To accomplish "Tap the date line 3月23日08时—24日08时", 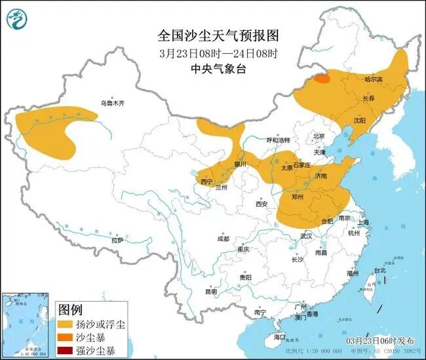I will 213,52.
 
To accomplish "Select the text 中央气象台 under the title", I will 213,67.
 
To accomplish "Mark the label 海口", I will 280,337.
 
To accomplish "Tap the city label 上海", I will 364,222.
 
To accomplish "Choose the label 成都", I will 222,239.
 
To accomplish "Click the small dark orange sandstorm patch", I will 321,79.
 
